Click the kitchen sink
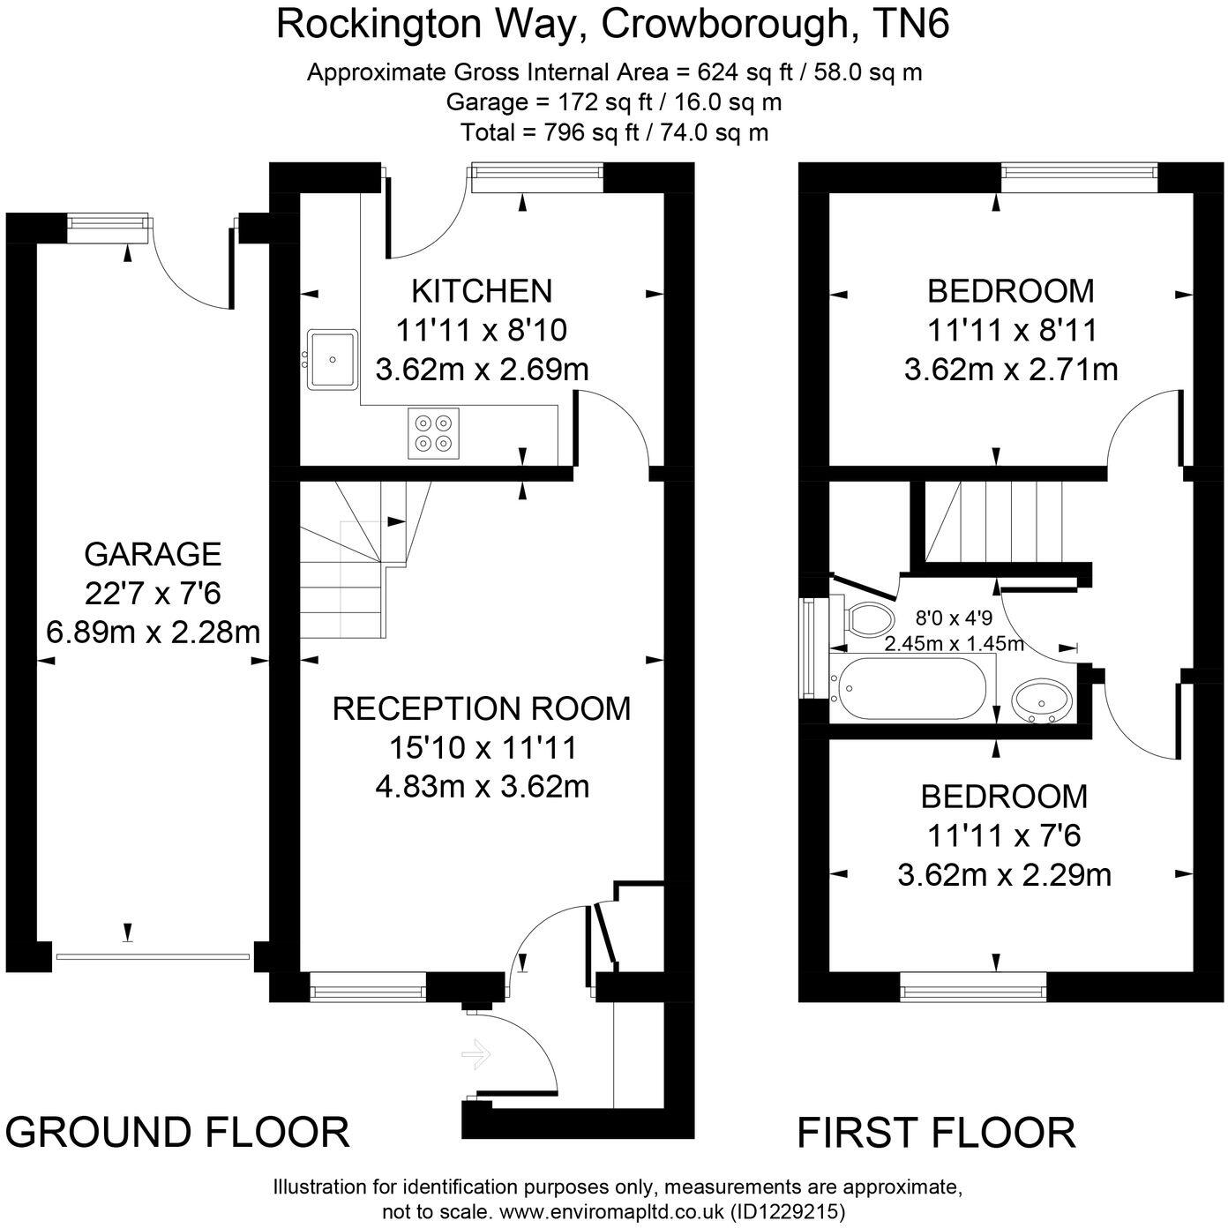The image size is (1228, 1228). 332,359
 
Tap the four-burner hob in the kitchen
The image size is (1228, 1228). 434,432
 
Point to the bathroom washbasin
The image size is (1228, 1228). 1042,701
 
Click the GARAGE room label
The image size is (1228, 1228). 153,554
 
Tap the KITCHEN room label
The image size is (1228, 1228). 482,290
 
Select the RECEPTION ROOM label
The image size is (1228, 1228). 482,708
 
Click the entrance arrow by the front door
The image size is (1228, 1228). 475,1053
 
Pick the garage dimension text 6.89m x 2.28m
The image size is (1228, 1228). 153,633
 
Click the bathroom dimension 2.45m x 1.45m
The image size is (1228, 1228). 955,643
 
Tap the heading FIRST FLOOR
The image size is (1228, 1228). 936,1133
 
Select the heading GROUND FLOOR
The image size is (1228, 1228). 178,1133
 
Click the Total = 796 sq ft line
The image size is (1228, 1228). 614,132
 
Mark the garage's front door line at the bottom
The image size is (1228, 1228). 153,955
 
